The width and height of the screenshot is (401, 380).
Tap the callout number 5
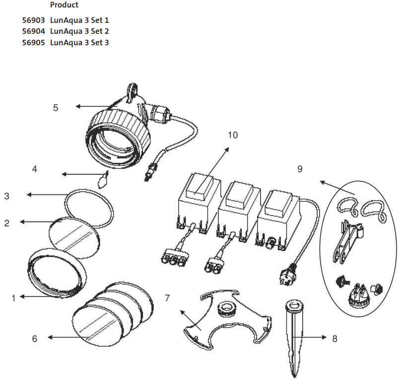click(x=56, y=107)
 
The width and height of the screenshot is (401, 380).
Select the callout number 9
click(x=300, y=169)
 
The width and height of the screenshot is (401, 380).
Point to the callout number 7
click(x=167, y=298)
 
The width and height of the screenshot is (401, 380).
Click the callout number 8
click(x=334, y=339)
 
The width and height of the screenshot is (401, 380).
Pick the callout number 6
click(x=34, y=339)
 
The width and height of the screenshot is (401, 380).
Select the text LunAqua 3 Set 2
click(x=79, y=31)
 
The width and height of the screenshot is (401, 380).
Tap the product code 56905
click(x=35, y=43)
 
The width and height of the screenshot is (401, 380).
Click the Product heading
click(x=64, y=5)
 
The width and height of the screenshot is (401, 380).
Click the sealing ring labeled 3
click(x=90, y=209)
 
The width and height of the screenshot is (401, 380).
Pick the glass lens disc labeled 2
click(x=73, y=237)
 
